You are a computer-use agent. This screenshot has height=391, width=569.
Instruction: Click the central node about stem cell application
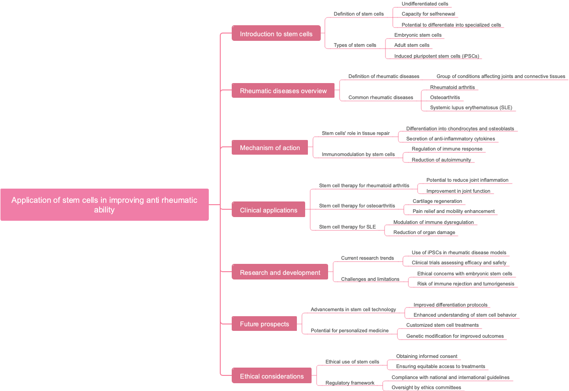[104, 205]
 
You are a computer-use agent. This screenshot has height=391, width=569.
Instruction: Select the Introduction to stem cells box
[276, 34]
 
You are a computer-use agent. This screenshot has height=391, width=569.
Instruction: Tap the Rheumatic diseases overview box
[283, 90]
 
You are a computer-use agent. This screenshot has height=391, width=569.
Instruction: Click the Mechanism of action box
[270, 147]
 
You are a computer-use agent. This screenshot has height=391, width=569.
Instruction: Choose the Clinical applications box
[268, 210]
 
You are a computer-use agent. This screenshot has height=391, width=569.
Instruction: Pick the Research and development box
[280, 272]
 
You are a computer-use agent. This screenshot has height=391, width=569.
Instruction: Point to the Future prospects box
[264, 324]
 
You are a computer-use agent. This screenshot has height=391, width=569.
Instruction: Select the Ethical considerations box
[272, 376]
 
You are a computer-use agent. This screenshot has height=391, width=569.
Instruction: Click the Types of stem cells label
[355, 45]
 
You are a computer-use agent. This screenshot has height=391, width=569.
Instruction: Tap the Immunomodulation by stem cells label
[358, 154]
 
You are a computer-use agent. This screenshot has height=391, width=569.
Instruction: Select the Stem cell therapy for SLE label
[347, 227]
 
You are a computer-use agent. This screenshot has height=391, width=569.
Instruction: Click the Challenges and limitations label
[370, 279]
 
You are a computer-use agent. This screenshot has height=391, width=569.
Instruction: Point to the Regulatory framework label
[350, 383]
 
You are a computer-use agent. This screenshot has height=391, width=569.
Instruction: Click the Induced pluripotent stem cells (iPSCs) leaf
[436, 56]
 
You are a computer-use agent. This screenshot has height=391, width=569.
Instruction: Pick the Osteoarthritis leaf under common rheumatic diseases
[445, 97]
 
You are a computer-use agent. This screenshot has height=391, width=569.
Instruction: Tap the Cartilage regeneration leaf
[437, 201]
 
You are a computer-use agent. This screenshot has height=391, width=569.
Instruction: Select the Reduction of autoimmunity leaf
[441, 160]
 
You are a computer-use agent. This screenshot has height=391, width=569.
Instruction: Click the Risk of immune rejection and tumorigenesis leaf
[465, 284]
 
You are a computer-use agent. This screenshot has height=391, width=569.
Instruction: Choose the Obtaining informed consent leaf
[426, 356]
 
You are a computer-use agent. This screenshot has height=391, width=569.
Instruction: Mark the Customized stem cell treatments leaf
[442, 325]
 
